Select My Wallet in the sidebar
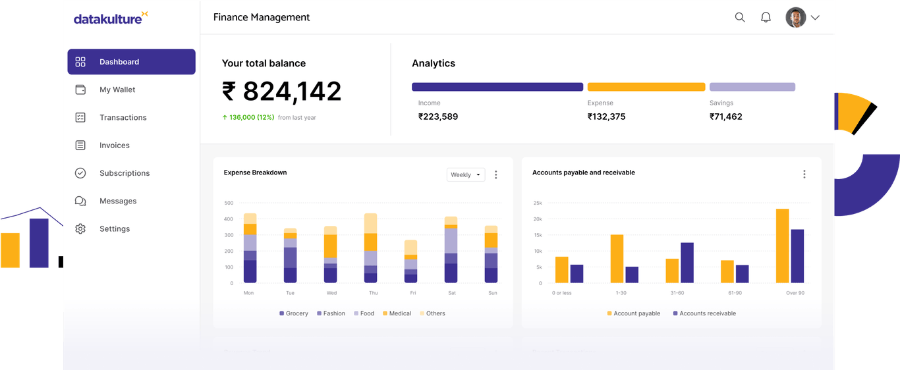pyautogui.click(x=117, y=90)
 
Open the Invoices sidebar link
pyautogui.click(x=114, y=145)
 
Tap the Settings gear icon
pyautogui.click(x=80, y=229)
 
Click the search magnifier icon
pyautogui.click(x=740, y=18)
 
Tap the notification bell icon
pyautogui.click(x=766, y=18)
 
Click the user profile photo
pyautogui.click(x=796, y=18)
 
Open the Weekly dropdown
pyautogui.click(x=466, y=175)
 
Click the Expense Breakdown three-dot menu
pyautogui.click(x=496, y=175)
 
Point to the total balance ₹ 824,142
pyautogui.click(x=282, y=92)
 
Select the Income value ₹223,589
pyautogui.click(x=438, y=117)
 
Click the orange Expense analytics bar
pyautogui.click(x=646, y=87)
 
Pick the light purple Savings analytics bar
pyautogui.click(x=752, y=87)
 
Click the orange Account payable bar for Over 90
pyautogui.click(x=782, y=246)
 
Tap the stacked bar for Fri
pyautogui.click(x=410, y=261)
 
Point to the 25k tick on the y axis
pyautogui.click(x=537, y=203)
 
